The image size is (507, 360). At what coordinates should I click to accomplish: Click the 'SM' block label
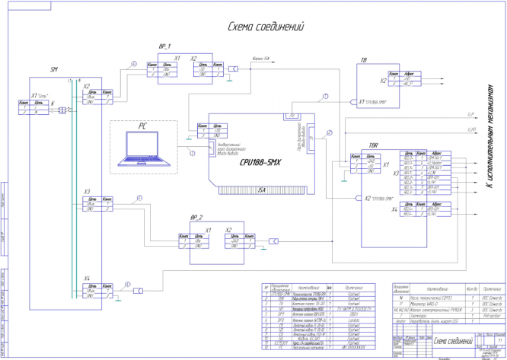[x=54, y=70]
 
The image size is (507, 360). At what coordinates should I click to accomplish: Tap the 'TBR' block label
[x=373, y=145]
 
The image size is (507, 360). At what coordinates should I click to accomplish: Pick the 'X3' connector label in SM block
[x=88, y=190]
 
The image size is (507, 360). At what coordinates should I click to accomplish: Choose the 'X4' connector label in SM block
[x=88, y=279]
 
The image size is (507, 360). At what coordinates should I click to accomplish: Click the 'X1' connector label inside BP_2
[x=207, y=229]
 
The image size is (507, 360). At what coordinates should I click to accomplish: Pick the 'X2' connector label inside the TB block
[x=384, y=79]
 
